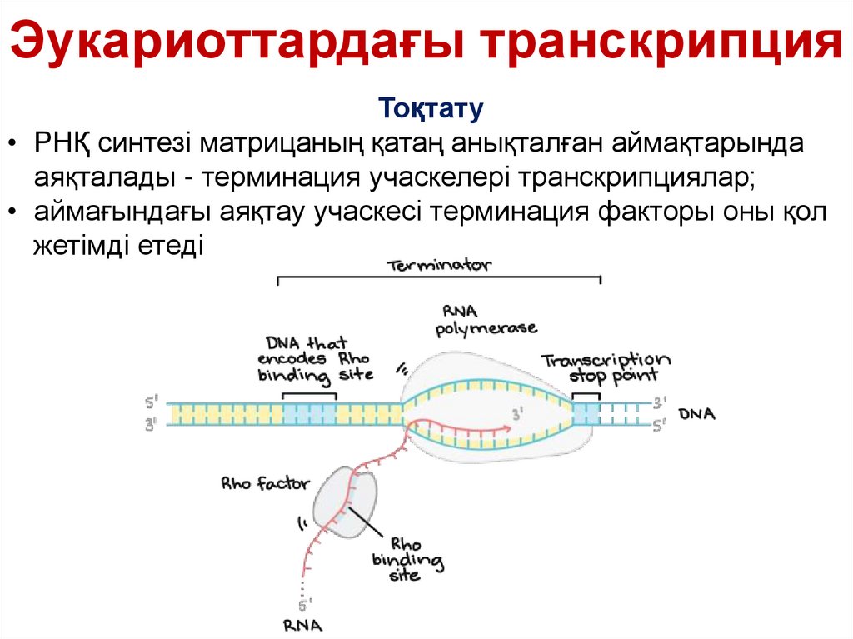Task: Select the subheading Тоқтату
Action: click(x=431, y=109)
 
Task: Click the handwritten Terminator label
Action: click(x=439, y=266)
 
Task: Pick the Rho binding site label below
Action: click(x=407, y=557)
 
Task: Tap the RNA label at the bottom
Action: click(x=302, y=624)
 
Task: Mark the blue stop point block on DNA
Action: click(x=586, y=414)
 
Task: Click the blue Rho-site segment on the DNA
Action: click(x=309, y=413)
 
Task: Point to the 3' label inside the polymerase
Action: click(x=517, y=412)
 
